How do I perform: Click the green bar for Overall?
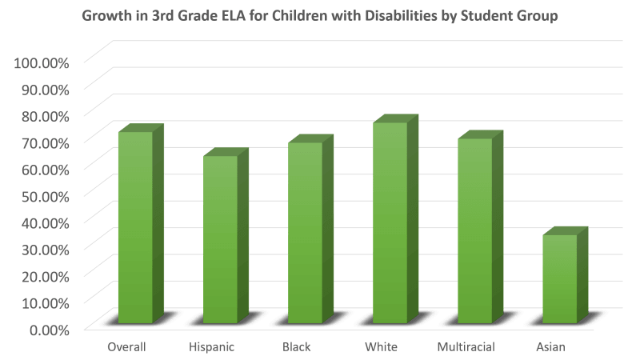click(134, 228)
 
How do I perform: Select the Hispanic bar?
click(219, 240)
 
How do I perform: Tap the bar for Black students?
click(305, 234)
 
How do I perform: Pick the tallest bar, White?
click(390, 224)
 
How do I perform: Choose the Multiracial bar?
click(474, 232)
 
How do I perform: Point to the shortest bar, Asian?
click(560, 279)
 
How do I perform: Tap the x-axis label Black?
click(297, 347)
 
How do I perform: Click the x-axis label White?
click(382, 347)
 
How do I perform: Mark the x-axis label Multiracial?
click(466, 347)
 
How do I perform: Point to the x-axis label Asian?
click(552, 347)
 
